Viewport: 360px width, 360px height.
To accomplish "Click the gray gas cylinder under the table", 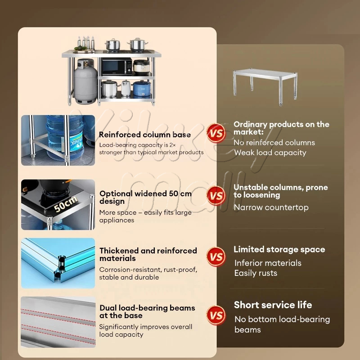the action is point(85,81).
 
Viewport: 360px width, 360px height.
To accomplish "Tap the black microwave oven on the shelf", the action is point(117,67).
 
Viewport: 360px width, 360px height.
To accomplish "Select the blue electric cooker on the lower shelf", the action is point(142,88).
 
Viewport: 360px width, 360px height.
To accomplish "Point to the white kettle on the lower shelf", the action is point(126,88).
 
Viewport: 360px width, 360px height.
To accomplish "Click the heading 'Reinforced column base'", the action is point(144,135).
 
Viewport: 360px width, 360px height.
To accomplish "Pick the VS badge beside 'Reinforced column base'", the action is point(216,133).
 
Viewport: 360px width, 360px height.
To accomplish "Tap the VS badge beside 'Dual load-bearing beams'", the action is point(216,315).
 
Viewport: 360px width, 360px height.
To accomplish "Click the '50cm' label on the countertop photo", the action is point(66,204).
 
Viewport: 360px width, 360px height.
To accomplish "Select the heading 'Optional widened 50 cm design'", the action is point(145,197).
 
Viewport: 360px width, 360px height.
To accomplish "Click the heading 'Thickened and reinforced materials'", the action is point(148,254).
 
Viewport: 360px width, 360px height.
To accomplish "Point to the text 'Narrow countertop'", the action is point(271,207).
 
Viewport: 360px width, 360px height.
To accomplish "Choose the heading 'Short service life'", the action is point(273,305).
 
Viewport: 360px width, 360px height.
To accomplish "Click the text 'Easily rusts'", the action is point(256,273).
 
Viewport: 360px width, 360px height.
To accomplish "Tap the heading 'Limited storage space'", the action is point(279,249).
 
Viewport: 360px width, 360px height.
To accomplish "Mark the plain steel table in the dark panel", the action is point(265,86).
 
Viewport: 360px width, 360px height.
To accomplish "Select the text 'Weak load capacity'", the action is point(270,153).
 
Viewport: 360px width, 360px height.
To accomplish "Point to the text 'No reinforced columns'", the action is point(274,143).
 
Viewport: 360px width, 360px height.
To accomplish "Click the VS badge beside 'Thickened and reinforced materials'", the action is point(216,256).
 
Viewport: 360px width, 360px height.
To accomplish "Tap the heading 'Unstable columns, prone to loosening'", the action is point(281,191).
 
